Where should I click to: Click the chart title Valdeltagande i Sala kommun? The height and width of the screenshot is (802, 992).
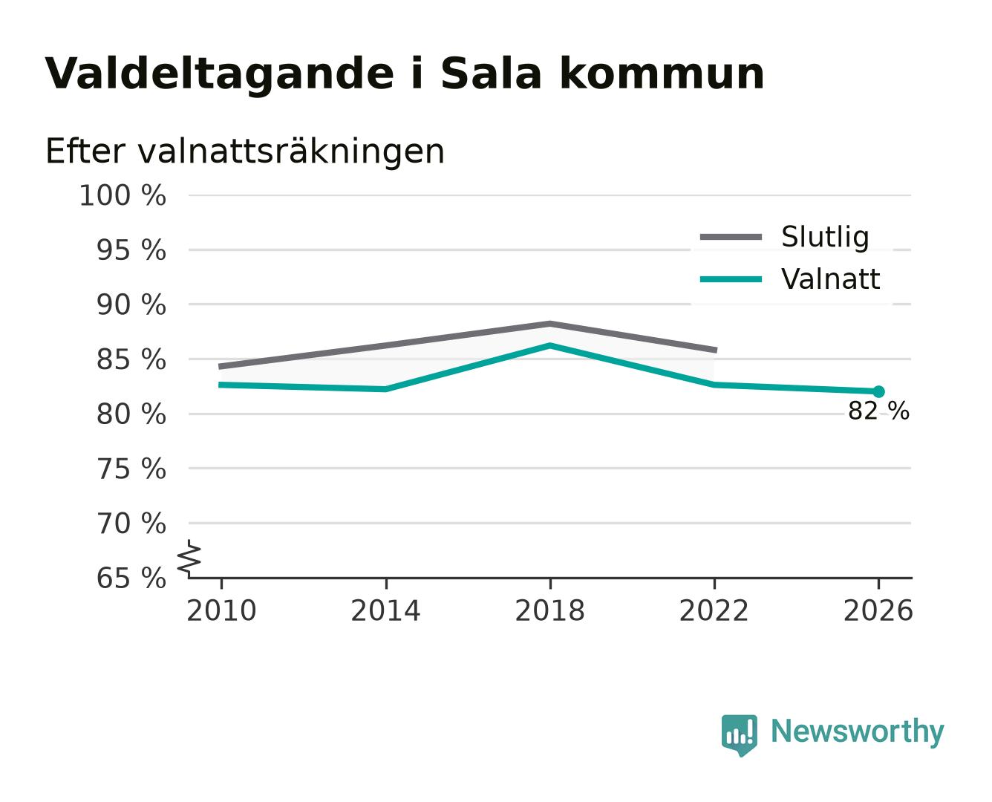click(x=404, y=74)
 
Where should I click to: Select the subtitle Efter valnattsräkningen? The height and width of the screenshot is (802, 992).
click(x=245, y=151)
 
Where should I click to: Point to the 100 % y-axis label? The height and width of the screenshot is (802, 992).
click(x=123, y=195)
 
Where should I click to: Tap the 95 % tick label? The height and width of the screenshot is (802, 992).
click(x=131, y=250)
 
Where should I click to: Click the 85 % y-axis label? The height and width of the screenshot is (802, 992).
click(x=131, y=360)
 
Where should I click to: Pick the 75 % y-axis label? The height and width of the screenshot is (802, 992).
click(x=131, y=469)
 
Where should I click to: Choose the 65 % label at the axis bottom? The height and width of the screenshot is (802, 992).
click(x=131, y=578)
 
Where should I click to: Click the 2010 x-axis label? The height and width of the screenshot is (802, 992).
click(x=221, y=610)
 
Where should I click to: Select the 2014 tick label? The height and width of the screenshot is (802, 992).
click(x=385, y=610)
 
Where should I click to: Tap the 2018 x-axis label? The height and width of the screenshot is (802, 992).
click(x=549, y=610)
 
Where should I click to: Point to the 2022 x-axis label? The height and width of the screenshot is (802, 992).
click(x=714, y=610)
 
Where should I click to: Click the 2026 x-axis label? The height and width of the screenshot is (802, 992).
click(x=878, y=610)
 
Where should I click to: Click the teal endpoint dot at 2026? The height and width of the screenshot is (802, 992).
click(x=878, y=391)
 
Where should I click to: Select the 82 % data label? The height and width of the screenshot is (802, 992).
click(x=878, y=411)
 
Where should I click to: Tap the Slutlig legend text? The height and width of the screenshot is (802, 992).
click(x=825, y=238)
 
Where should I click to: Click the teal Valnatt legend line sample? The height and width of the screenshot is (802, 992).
click(x=731, y=279)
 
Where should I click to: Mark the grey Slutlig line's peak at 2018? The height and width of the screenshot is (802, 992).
click(x=550, y=323)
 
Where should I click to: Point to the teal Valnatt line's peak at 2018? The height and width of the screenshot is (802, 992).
click(x=550, y=345)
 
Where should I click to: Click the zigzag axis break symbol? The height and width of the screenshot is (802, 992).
click(x=189, y=558)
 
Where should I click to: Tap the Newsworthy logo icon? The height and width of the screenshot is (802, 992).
click(x=739, y=734)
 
